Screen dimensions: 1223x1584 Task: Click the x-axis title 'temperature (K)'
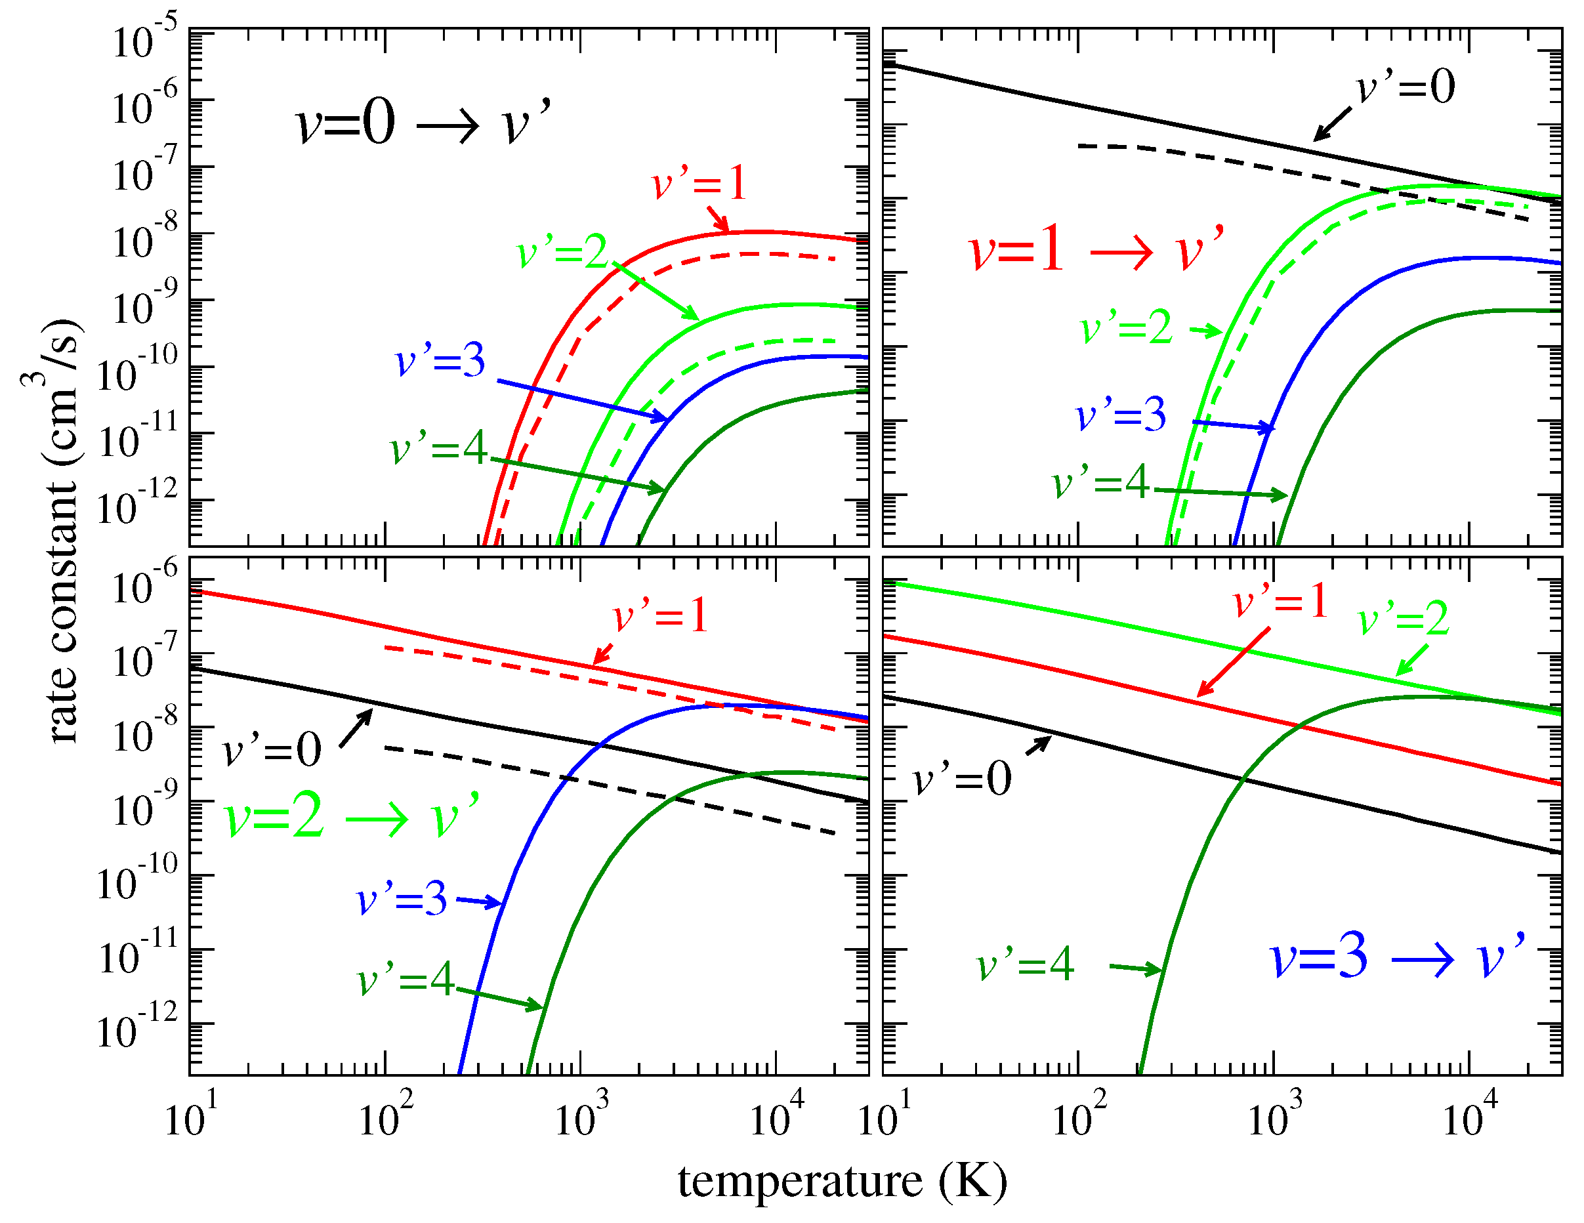pos(842,1182)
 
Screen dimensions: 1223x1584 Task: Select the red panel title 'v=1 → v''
pos(1096,249)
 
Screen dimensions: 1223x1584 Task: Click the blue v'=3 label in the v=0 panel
pos(440,360)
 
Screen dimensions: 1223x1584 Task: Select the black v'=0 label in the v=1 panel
pos(1406,88)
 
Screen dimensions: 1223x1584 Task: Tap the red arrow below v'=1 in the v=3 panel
pos(1233,661)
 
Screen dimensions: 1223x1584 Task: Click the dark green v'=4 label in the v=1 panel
pos(1101,482)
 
